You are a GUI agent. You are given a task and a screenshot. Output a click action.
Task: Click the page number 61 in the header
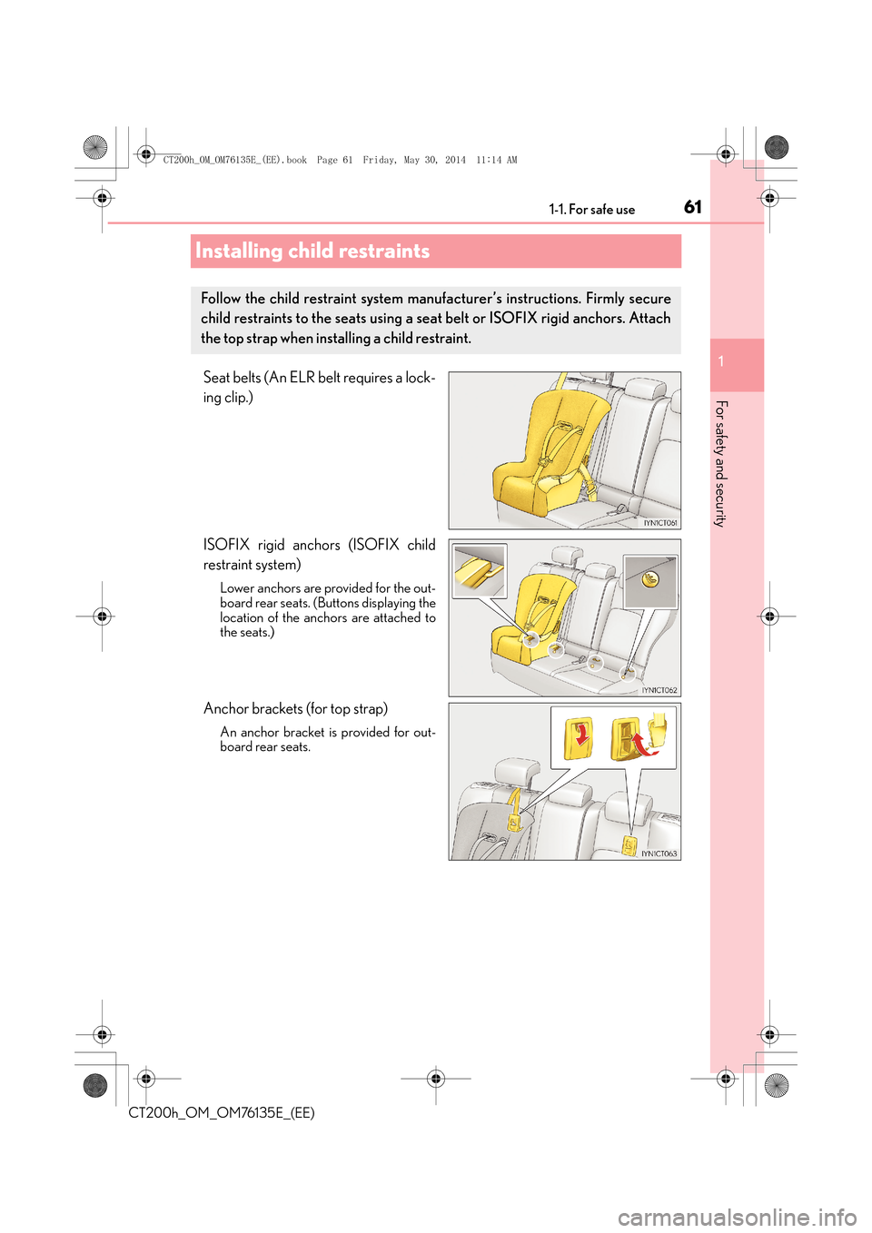pyautogui.click(x=692, y=207)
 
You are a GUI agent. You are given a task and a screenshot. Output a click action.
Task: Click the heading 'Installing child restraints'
pyautogui.click(x=312, y=252)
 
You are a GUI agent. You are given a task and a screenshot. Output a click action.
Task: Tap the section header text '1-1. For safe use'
pyautogui.click(x=591, y=210)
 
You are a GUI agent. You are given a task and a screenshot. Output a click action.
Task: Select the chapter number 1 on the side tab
pyautogui.click(x=721, y=362)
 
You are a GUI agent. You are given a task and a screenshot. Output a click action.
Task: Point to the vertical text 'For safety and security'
pyautogui.click(x=720, y=463)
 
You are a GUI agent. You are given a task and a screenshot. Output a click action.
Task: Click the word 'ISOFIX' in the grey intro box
pyautogui.click(x=513, y=319)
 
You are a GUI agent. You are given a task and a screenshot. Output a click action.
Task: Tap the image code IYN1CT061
pyautogui.click(x=660, y=523)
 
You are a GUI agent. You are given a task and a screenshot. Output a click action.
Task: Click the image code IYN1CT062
pyautogui.click(x=659, y=690)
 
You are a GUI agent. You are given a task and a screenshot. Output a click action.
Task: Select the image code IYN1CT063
pyautogui.click(x=659, y=853)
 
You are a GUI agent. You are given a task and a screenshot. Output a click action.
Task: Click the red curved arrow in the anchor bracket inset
pyautogui.click(x=644, y=745)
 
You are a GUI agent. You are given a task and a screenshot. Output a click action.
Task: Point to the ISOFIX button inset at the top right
pyautogui.click(x=650, y=581)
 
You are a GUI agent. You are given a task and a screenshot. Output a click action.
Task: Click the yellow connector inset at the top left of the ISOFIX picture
pyautogui.click(x=480, y=570)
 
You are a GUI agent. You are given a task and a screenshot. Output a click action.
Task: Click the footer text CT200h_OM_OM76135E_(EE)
pyautogui.click(x=222, y=1113)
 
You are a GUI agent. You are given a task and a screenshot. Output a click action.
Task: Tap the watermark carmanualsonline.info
pyautogui.click(x=737, y=1217)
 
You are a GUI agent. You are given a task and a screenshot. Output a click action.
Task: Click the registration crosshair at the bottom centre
pyautogui.click(x=436, y=1079)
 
